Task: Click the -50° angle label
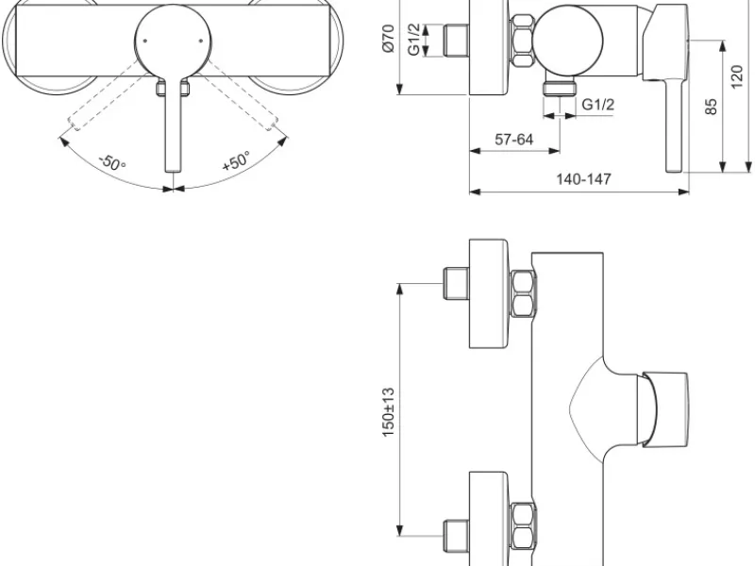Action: click(112, 162)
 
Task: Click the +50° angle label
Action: click(237, 160)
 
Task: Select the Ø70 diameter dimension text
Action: click(389, 38)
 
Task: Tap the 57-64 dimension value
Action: click(514, 139)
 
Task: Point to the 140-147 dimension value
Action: click(583, 179)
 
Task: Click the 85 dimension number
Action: click(711, 107)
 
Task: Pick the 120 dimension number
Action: click(737, 77)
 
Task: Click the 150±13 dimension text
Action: click(389, 412)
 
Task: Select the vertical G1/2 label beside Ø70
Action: click(414, 40)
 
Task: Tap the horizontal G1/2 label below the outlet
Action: click(598, 104)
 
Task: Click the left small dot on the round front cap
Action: click(144, 41)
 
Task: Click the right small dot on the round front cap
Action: click(201, 41)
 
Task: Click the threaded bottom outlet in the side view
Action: click(561, 88)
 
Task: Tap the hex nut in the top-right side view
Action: click(523, 41)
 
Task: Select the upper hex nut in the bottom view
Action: click(523, 293)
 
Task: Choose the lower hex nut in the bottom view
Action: click(523, 526)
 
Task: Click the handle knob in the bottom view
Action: click(663, 409)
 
